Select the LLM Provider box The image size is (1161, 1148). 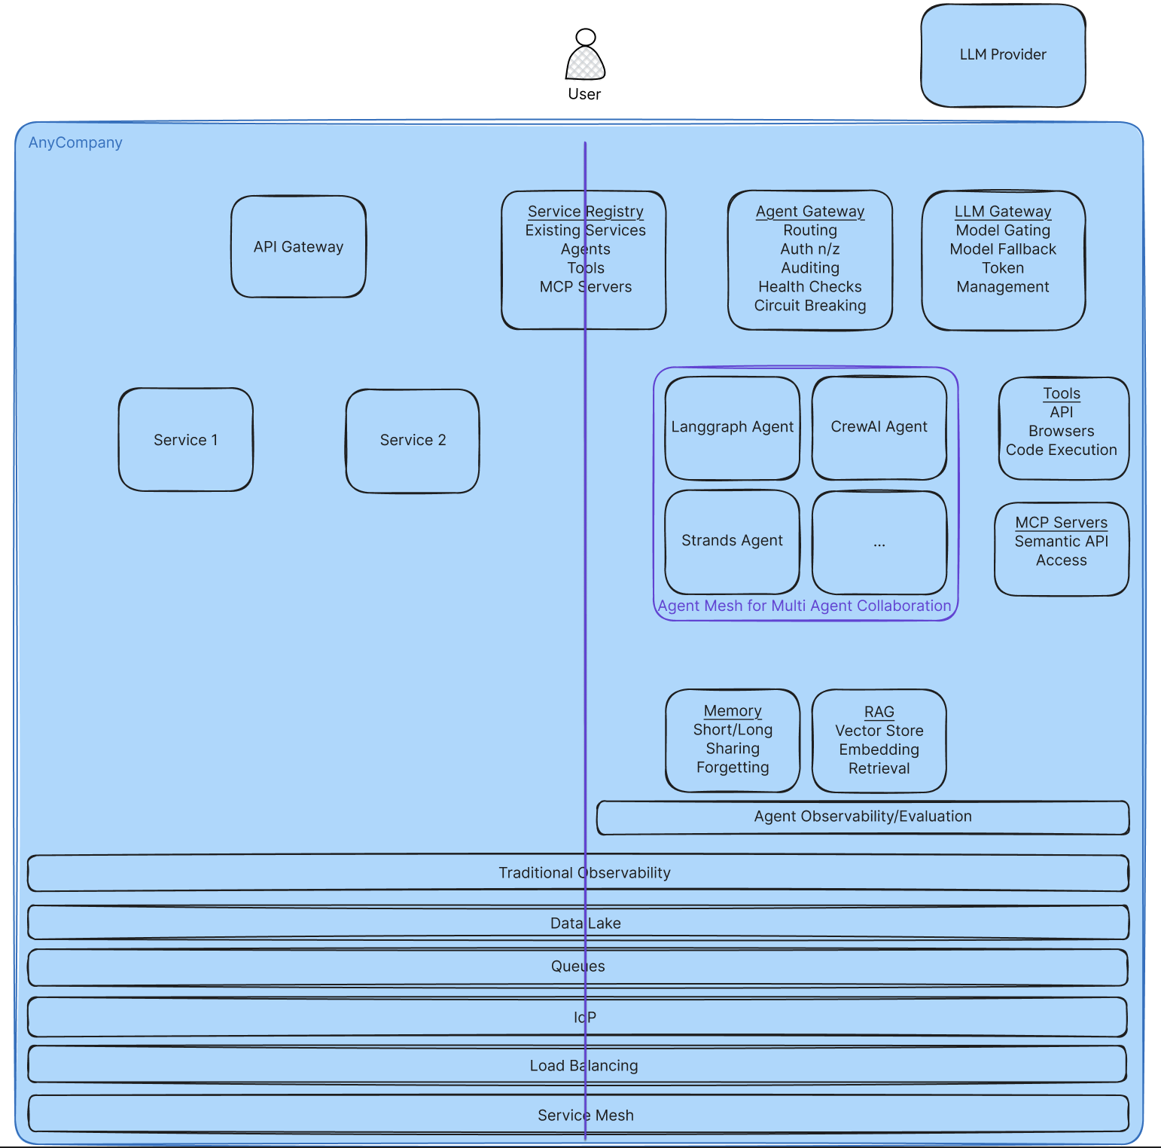[1003, 55]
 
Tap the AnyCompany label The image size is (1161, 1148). [75, 142]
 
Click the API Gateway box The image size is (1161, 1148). [298, 247]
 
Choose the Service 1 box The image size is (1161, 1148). [185, 440]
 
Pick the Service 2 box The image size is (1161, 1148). [413, 440]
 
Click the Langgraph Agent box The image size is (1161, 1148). [732, 427]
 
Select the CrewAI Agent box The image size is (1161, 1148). [879, 427]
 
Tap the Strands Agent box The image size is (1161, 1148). [732, 541]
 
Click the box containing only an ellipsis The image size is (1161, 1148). [879, 542]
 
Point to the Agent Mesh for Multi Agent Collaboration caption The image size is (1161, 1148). [804, 606]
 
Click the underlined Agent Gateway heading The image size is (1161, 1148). [810, 212]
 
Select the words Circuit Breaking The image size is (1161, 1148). [810, 306]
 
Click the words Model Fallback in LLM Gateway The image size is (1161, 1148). [1003, 249]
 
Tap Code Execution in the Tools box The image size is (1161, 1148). [1061, 450]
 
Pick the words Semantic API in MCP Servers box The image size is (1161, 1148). [1061, 542]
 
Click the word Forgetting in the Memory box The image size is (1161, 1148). [733, 768]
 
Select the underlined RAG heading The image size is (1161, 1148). [879, 712]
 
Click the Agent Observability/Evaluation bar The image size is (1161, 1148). [863, 817]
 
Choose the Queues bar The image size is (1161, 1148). [577, 966]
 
